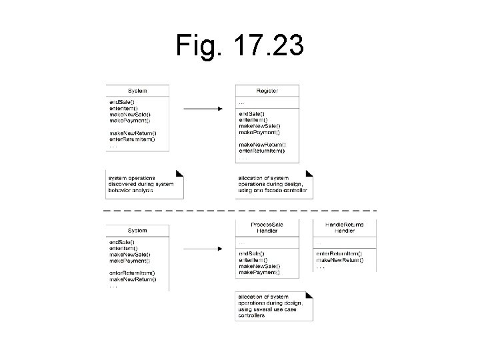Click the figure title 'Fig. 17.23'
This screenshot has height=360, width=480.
[240, 46]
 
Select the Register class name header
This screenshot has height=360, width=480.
[267, 91]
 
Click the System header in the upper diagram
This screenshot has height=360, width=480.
[137, 91]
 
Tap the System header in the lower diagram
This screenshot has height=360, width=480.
[137, 231]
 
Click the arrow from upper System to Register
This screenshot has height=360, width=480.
[203, 109]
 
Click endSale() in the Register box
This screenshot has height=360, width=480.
[252, 113]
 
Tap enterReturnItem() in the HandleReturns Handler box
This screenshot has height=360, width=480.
[339, 254]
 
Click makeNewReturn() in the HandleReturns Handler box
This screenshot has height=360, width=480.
[339, 260]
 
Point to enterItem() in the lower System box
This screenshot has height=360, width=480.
[124, 248]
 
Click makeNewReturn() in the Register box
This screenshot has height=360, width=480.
[262, 144]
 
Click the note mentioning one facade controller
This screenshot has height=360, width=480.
[274, 184]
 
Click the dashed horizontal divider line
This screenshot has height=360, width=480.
[240, 211]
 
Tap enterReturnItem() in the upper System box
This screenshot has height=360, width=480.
[132, 139]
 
